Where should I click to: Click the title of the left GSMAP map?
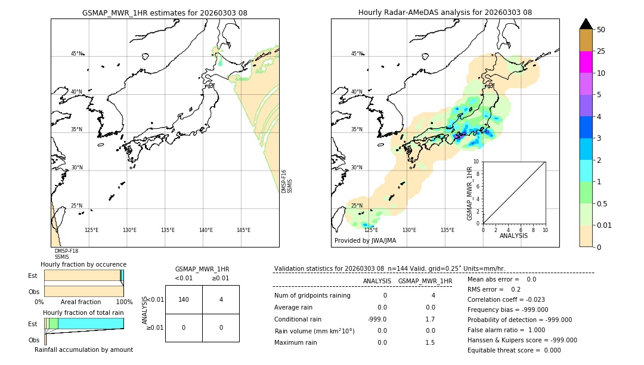(165, 13)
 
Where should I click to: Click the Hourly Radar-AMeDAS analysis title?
(445, 13)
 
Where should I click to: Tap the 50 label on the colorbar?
(601, 30)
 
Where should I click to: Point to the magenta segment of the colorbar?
(586, 62)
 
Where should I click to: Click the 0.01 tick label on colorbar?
(605, 225)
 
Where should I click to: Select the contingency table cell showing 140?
(184, 299)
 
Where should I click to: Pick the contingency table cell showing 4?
(221, 299)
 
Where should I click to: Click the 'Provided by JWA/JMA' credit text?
(365, 240)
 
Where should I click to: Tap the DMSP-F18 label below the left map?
(66, 251)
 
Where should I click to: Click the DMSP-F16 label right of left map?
(284, 181)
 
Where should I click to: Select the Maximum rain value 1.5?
(431, 342)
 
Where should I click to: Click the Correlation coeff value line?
(506, 299)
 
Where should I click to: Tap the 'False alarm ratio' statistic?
(506, 330)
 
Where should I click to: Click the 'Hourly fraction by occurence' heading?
(83, 264)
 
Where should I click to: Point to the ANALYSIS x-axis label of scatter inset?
(513, 236)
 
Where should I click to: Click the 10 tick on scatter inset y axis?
(476, 162)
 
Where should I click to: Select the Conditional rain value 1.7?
(431, 319)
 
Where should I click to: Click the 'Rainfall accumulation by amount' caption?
(83, 349)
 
